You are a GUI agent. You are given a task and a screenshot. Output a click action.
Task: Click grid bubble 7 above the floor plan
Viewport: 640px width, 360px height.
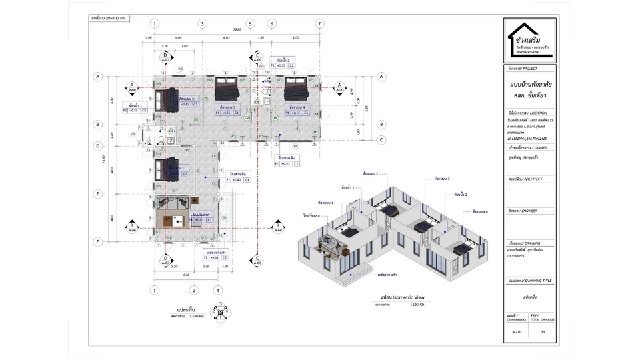pyautogui.click(x=320, y=23)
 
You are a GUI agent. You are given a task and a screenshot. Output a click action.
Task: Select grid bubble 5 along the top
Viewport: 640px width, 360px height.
pyautogui.click(x=251, y=23)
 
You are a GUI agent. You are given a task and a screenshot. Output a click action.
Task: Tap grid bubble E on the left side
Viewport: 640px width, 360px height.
pyautogui.click(x=97, y=194)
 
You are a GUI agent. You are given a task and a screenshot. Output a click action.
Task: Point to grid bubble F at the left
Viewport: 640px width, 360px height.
pyautogui.click(x=97, y=241)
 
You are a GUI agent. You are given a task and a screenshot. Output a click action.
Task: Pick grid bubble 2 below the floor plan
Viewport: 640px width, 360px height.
pyautogui.click(x=193, y=290)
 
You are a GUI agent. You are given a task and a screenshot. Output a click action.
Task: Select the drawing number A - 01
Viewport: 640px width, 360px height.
pyautogui.click(x=517, y=331)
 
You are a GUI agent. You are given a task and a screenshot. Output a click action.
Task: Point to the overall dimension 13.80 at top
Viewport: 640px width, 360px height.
pyautogui.click(x=237, y=29)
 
